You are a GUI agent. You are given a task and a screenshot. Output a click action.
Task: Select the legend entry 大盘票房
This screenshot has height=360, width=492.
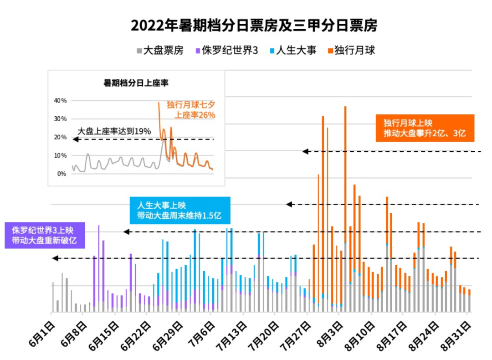click(159, 51)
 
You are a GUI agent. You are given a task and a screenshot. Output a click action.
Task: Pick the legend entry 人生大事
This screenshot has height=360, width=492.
click(292, 51)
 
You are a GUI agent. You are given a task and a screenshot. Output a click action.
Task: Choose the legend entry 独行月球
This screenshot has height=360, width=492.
click(351, 51)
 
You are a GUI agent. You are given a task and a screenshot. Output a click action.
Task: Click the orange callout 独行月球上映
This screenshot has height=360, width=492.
click(425, 128)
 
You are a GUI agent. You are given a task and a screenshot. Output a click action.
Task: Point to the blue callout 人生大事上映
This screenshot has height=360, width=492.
click(179, 211)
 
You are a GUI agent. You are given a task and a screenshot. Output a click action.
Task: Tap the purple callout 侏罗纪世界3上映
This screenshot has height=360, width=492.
click(45, 235)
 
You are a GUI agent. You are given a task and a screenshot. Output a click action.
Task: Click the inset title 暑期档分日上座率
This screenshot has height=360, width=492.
click(136, 83)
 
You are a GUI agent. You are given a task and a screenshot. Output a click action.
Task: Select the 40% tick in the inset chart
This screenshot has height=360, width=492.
click(60, 101)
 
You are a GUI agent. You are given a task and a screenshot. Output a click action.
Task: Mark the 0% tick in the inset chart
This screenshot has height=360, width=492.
click(61, 174)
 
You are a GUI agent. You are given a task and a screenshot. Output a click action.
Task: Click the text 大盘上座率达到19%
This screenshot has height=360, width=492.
click(114, 131)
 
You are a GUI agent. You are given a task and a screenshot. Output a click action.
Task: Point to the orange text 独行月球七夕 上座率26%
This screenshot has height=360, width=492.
click(190, 110)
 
